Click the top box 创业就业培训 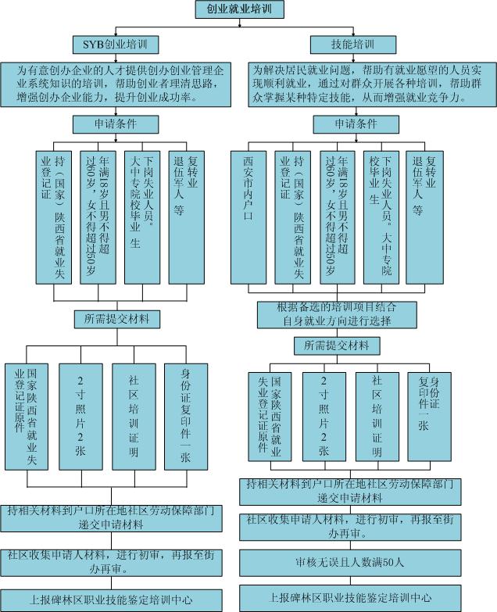point(240,9)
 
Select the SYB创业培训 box point(116,45)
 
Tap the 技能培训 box point(353,45)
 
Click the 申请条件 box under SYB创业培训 point(116,124)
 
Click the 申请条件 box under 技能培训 point(356,124)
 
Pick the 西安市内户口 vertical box point(248,217)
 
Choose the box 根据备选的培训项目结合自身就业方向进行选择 point(337,314)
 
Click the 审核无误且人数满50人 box point(350,563)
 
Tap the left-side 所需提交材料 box point(117,319)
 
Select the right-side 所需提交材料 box point(337,345)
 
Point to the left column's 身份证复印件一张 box point(186,417)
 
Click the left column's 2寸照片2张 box point(80,417)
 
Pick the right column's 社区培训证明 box point(377,417)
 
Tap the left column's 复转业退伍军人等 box point(187,217)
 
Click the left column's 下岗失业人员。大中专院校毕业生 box point(142,217)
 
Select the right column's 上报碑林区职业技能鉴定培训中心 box point(350,598)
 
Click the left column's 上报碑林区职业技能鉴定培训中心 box point(111,600)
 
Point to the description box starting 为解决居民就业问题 point(372,84)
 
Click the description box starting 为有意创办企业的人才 point(116,84)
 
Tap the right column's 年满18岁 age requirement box point(338,217)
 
